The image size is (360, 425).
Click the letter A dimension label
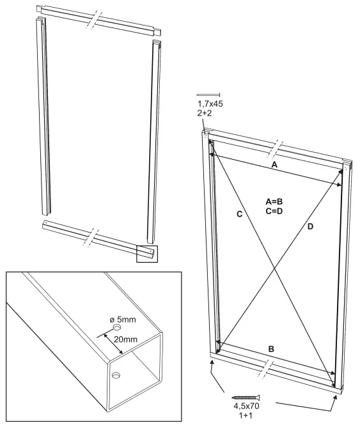click(x=275, y=164)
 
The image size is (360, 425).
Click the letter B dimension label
click(x=270, y=349)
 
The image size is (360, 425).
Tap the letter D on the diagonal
click(x=310, y=225)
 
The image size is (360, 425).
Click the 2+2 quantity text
click(x=205, y=114)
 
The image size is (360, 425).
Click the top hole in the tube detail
click(x=118, y=327)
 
